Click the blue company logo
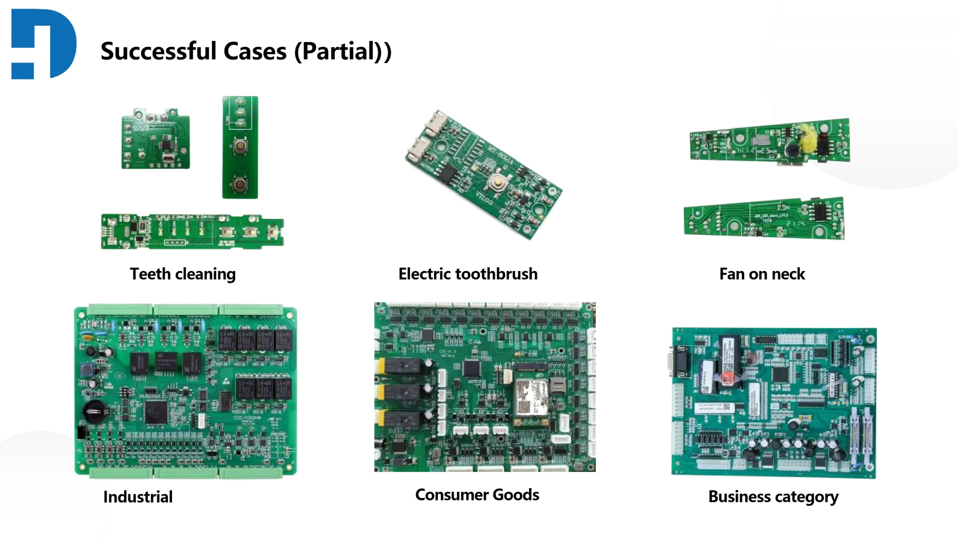point(44,44)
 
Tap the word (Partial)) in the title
point(343,51)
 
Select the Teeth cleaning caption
point(183,274)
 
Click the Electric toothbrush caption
point(468,274)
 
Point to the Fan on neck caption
point(762,274)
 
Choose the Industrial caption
point(138,497)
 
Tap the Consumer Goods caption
point(477,495)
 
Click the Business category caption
point(773,497)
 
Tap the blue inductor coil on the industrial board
point(88,370)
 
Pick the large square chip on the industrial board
point(156,411)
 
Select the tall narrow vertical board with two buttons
point(240,147)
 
